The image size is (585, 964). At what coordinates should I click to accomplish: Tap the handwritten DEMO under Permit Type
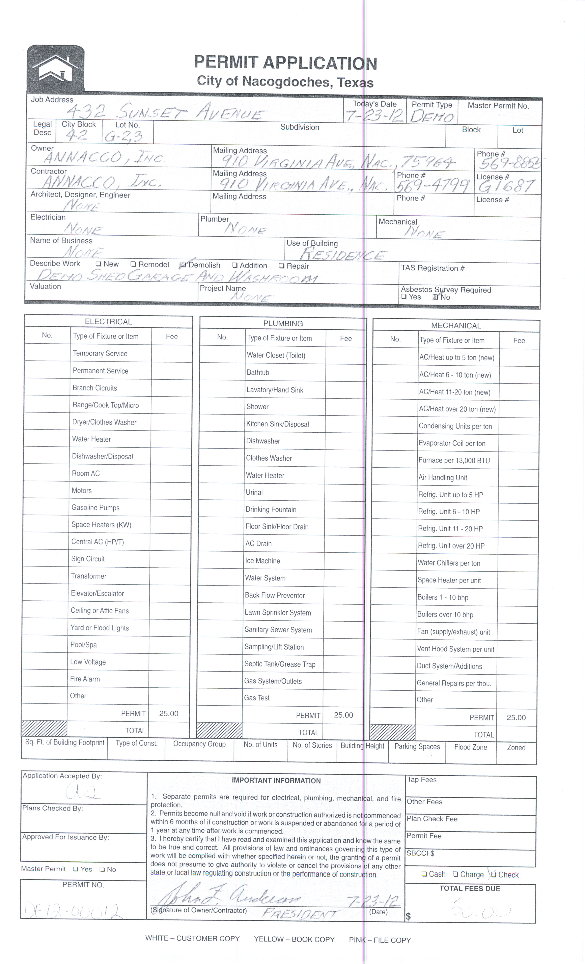432,116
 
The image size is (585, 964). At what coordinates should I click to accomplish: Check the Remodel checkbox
133,264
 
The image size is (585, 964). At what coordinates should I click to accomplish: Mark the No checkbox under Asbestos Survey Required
436,297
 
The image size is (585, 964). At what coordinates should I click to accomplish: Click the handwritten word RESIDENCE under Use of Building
342,255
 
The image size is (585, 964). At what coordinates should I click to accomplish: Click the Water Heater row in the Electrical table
92,439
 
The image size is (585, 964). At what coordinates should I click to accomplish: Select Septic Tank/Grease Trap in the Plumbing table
280,664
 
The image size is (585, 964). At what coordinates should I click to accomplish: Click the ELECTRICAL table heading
108,322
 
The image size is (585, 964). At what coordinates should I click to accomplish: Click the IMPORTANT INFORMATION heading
276,781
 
